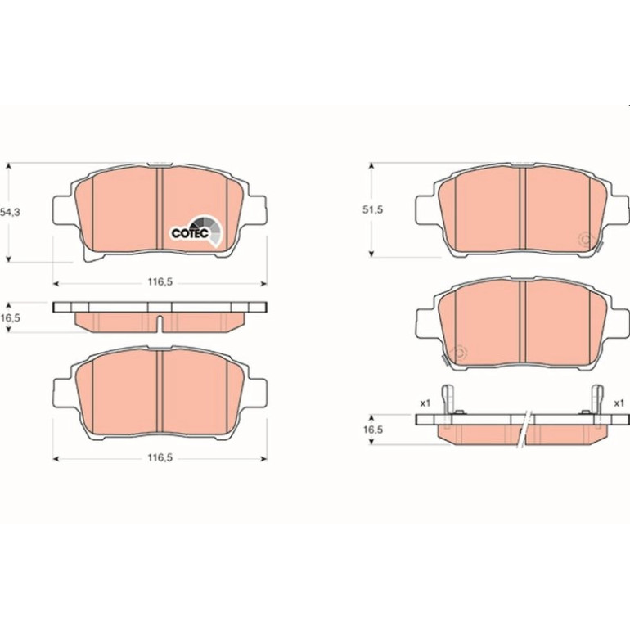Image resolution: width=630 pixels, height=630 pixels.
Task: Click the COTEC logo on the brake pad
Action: coord(196,231)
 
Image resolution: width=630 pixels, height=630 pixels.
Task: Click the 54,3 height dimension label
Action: coord(10,213)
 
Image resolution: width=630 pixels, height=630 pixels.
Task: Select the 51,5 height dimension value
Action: coord(373,209)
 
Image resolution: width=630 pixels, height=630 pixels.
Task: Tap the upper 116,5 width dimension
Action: coord(160,282)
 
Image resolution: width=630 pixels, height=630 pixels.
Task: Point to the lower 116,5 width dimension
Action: coord(160,457)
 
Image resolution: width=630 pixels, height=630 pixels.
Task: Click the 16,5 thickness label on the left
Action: coord(10,318)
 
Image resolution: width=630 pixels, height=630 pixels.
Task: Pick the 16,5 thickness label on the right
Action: coord(373,430)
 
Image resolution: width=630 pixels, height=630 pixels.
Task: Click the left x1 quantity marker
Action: coord(425,403)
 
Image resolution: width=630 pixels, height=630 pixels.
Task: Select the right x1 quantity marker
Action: coord(619,403)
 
